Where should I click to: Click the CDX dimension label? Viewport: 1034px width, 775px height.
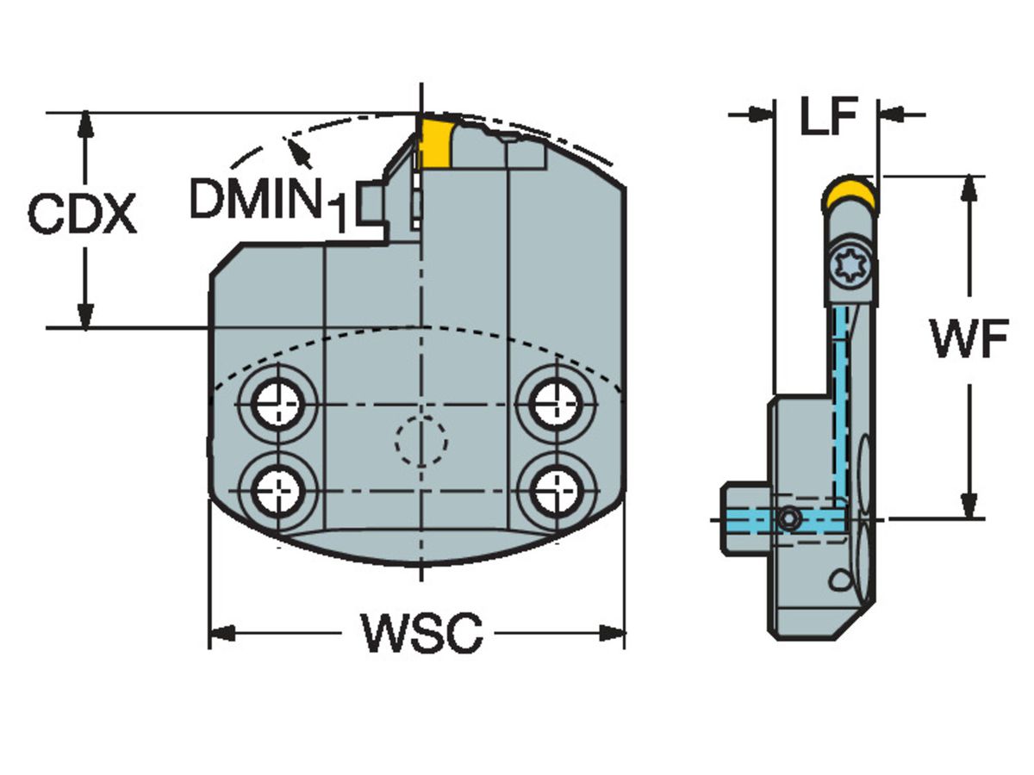[82, 214]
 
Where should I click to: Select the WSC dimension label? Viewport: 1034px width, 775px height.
[421, 634]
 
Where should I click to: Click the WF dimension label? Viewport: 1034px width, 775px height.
[969, 341]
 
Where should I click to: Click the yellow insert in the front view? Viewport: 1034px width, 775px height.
[436, 143]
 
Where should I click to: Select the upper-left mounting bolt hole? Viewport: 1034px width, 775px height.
[277, 402]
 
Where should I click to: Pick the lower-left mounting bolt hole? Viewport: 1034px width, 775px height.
[277, 490]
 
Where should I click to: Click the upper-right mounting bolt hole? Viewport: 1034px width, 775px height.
[553, 402]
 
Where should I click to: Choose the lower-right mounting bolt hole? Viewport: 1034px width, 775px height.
[553, 490]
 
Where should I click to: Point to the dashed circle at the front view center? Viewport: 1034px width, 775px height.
[420, 440]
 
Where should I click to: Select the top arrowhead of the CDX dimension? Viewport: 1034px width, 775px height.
[84, 124]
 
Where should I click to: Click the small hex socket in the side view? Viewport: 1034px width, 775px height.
[789, 518]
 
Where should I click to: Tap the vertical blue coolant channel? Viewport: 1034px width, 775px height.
[839, 405]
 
